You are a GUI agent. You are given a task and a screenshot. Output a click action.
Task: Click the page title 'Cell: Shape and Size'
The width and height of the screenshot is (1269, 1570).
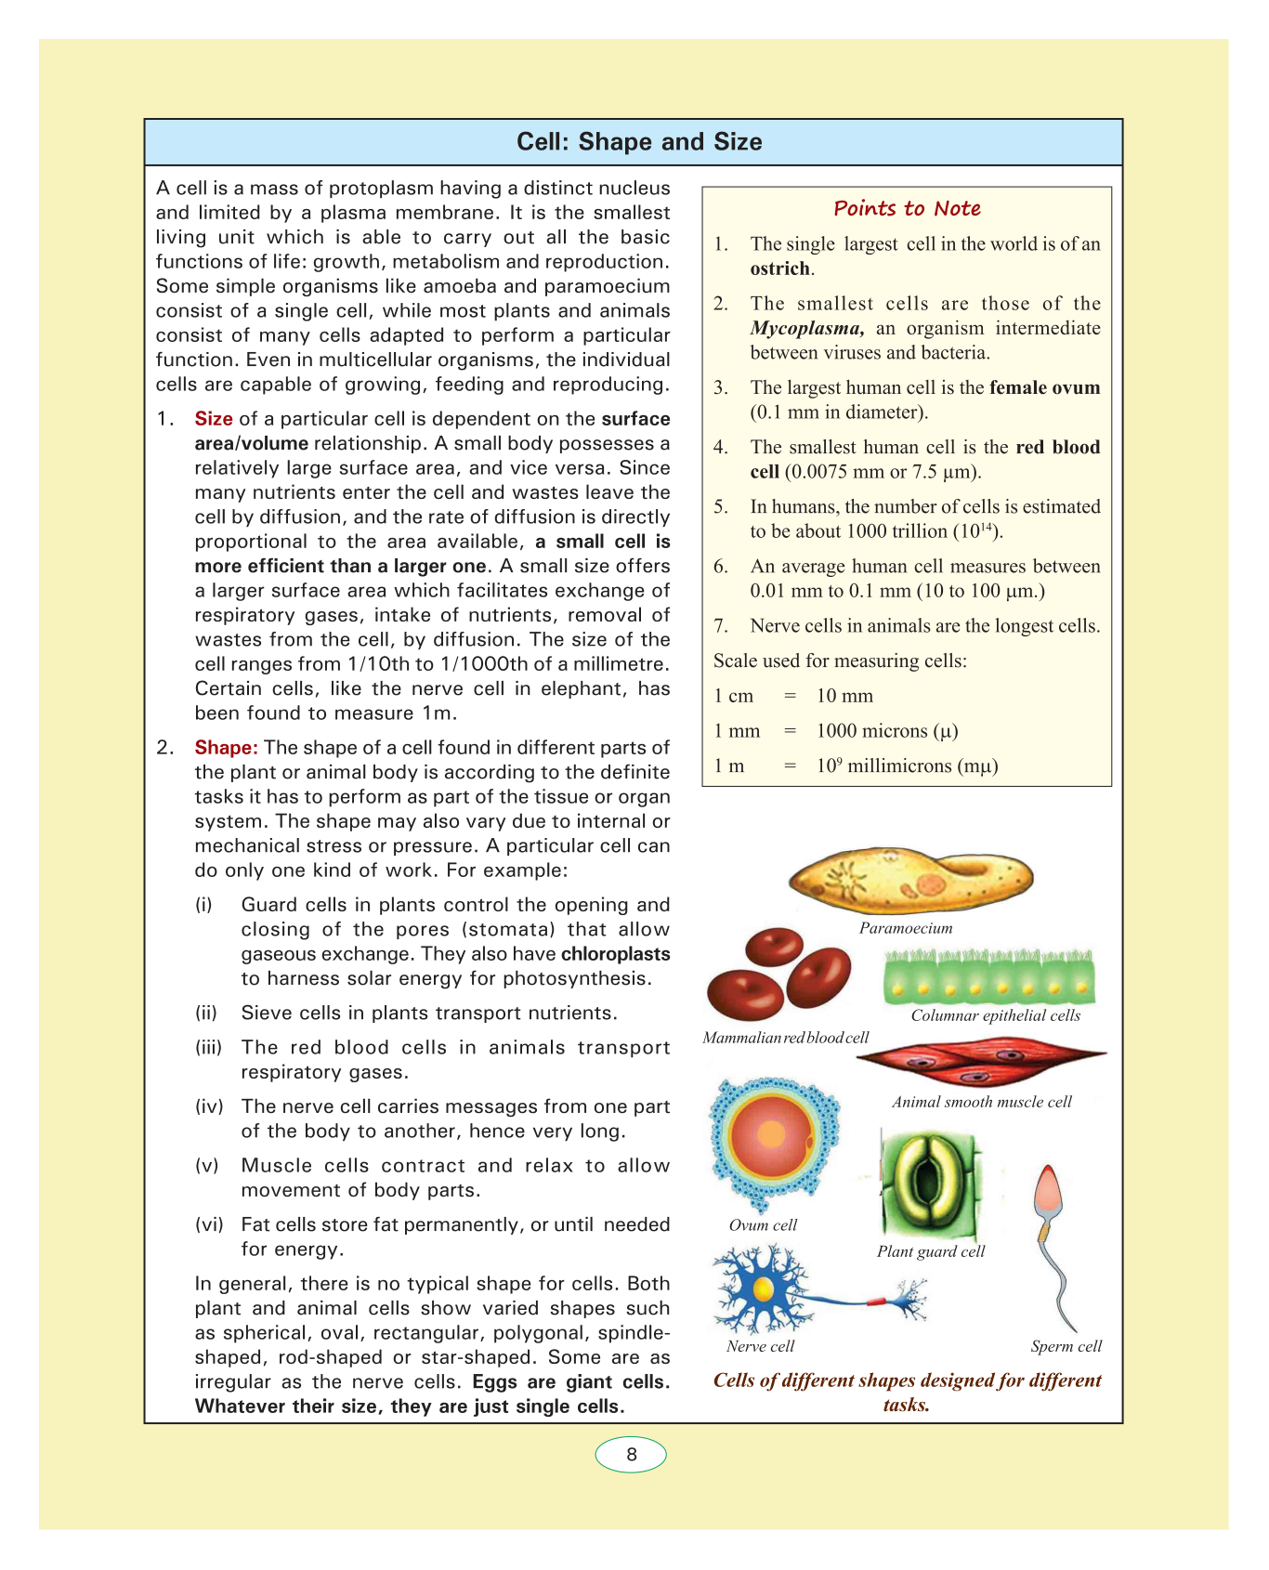[x=638, y=142]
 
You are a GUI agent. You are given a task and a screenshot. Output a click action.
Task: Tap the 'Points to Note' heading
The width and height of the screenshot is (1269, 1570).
[x=907, y=208]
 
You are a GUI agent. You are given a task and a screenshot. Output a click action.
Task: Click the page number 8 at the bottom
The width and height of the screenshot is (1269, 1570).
[x=631, y=1454]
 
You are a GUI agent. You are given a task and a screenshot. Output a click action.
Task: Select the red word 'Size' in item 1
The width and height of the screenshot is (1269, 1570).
[x=214, y=419]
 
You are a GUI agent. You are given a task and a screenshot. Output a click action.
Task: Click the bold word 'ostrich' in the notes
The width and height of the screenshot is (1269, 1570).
[x=780, y=268]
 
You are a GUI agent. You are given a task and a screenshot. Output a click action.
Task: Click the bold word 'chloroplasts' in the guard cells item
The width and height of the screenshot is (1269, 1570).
[x=615, y=954]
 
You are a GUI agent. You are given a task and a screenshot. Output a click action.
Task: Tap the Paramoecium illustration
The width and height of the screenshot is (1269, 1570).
[x=909, y=879]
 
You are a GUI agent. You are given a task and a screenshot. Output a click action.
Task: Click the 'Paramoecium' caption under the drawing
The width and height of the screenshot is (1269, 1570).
[x=906, y=928]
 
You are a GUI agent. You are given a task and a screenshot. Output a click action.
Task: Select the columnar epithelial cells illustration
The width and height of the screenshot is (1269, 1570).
[x=988, y=976]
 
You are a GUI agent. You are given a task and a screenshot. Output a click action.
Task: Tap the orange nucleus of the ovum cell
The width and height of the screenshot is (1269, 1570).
[x=771, y=1135]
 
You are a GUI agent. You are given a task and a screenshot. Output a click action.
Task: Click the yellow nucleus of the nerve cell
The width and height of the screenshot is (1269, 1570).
[x=763, y=1289]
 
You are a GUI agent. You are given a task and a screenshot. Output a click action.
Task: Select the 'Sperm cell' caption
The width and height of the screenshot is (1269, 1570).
[x=1066, y=1346]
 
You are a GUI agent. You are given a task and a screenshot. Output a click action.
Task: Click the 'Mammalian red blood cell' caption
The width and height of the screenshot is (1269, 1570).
[x=786, y=1038]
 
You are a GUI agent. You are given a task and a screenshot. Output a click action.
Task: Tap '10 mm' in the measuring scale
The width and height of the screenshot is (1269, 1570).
[x=844, y=696]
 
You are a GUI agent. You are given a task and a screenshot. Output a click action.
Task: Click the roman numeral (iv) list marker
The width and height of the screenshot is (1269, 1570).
[x=208, y=1106]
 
